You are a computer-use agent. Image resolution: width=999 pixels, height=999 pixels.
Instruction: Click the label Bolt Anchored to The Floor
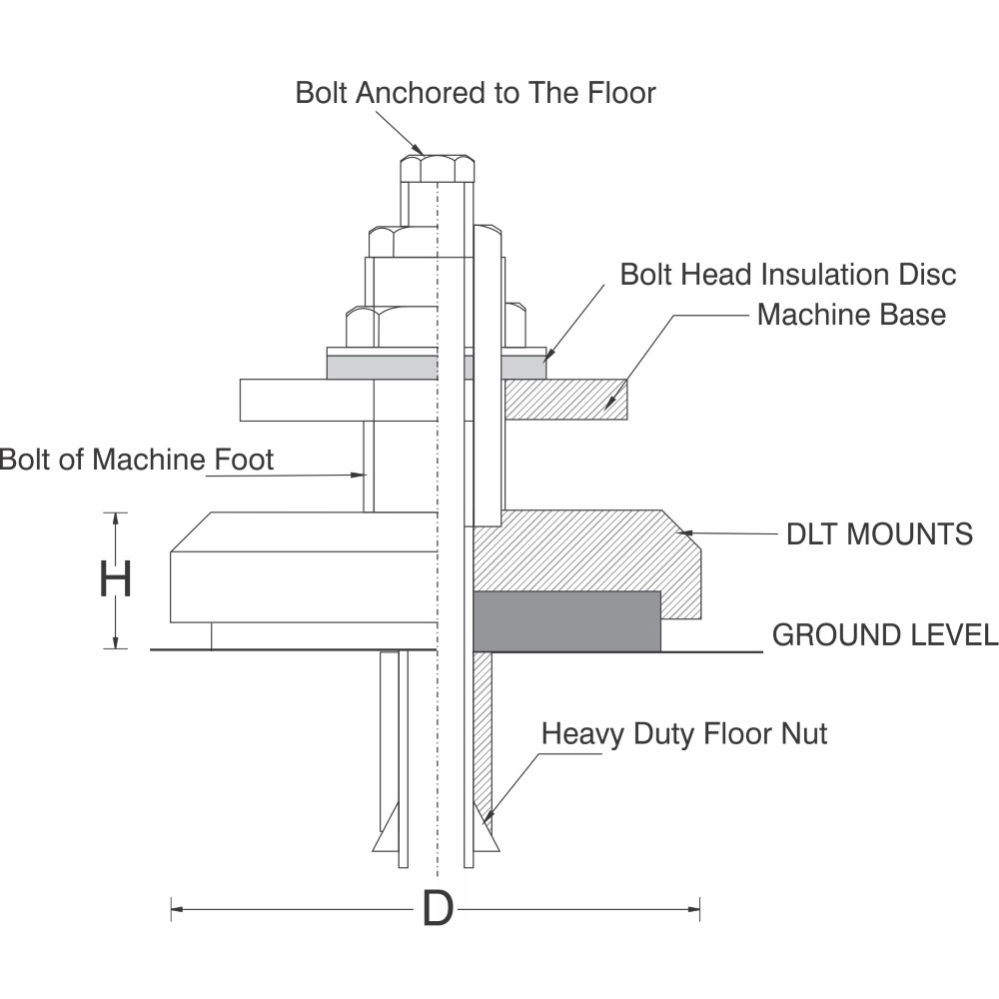coord(476,93)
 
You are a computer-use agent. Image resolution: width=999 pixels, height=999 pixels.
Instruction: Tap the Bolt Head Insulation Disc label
coord(788,275)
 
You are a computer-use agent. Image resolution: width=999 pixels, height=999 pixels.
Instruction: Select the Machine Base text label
coord(852,315)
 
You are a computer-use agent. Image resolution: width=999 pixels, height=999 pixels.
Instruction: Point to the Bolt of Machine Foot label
coord(136,460)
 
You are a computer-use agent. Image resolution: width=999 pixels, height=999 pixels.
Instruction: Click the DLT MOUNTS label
coord(880,533)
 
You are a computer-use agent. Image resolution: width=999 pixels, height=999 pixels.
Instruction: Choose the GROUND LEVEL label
coord(885,635)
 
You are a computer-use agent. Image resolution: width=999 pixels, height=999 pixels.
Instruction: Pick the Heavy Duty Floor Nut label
coord(684,734)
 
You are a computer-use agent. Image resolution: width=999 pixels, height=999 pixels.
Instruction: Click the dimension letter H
coord(115,579)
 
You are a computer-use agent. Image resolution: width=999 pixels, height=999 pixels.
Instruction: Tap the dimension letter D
coord(438,909)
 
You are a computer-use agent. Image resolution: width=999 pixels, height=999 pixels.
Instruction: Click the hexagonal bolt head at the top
coord(438,168)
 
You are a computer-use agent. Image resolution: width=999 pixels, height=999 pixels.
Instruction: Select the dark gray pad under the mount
coord(566,621)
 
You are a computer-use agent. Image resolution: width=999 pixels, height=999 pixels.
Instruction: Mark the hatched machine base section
coord(565,400)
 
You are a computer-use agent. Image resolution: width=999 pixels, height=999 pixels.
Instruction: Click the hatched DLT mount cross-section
coord(586,560)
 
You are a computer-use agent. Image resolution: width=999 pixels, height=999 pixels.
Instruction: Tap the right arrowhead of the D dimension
coord(692,909)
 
